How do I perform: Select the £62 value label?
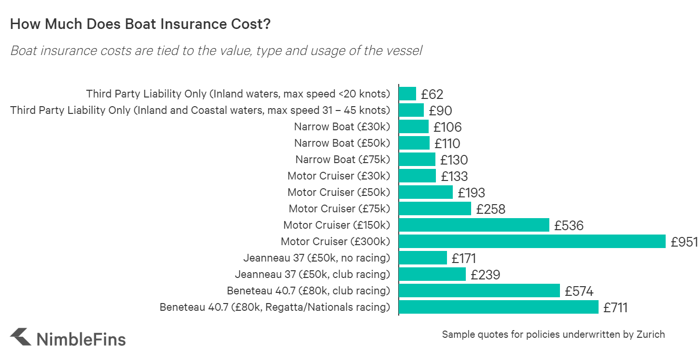coord(432,94)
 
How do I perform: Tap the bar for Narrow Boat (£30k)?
coord(414,127)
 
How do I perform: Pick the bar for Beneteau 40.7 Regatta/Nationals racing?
coord(499,307)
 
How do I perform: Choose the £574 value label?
coord(579,291)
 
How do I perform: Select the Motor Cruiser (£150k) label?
coord(336,225)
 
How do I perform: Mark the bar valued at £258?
coord(435,208)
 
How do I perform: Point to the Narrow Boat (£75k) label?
coord(342,159)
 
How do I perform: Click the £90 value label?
coord(440,111)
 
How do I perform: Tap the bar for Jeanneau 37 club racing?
coord(433,274)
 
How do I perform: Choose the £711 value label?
coord(615,307)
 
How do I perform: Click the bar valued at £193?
coord(426,192)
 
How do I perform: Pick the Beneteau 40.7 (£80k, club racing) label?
coord(308,291)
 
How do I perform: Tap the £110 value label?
coord(447,143)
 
